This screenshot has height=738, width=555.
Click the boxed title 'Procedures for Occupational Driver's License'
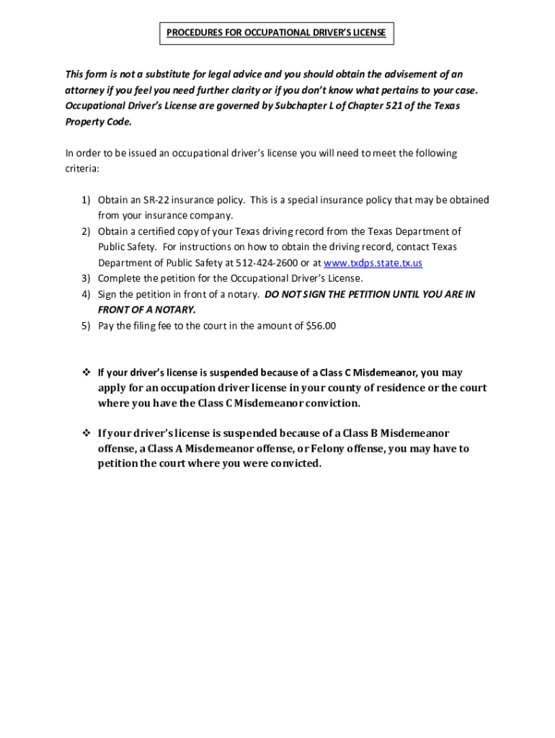tap(277, 33)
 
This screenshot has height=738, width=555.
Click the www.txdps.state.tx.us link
tap(373, 263)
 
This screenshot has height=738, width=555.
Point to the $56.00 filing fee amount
tap(321, 326)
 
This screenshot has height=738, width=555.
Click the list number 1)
tap(85, 200)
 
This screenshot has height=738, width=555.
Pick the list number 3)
tap(85, 278)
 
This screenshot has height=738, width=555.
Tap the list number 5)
tap(85, 326)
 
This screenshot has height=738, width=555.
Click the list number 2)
tap(85, 231)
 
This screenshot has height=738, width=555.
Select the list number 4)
tap(85, 294)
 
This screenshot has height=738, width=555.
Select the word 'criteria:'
tap(82, 168)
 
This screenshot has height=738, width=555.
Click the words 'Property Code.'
tap(89, 122)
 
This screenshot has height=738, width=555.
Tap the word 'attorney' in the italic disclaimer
tap(85, 90)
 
